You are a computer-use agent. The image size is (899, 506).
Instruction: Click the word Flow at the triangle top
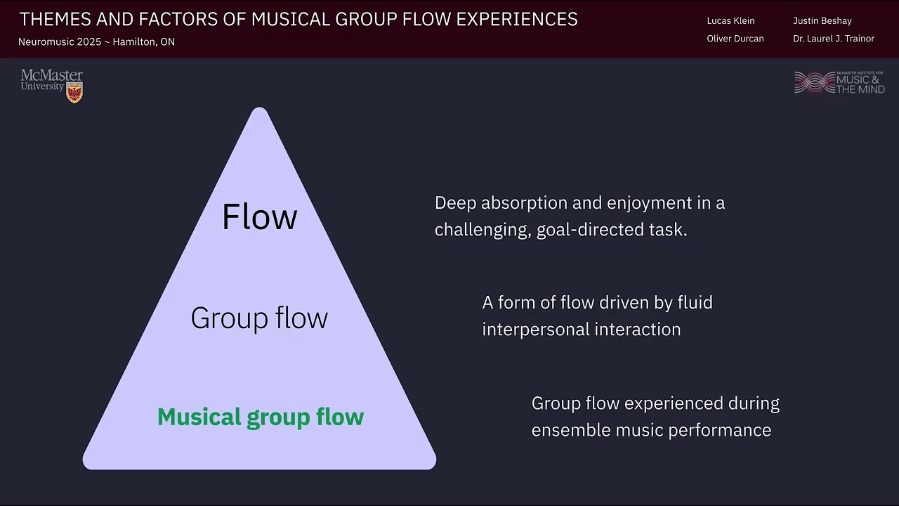coord(259,216)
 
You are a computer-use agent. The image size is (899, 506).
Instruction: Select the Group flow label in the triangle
coord(259,318)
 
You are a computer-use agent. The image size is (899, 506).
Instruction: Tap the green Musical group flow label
coord(261,417)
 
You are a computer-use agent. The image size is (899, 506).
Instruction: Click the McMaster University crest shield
coord(74,92)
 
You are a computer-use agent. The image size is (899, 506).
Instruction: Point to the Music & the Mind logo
coord(839,82)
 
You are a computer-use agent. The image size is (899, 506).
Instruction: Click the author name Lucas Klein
coord(730,21)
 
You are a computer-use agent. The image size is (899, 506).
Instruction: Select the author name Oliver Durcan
coord(735,39)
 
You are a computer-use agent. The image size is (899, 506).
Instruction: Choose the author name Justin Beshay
coord(822,21)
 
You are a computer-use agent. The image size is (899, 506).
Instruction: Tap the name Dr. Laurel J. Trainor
coord(833,39)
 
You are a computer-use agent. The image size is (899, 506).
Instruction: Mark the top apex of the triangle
coord(259,109)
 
